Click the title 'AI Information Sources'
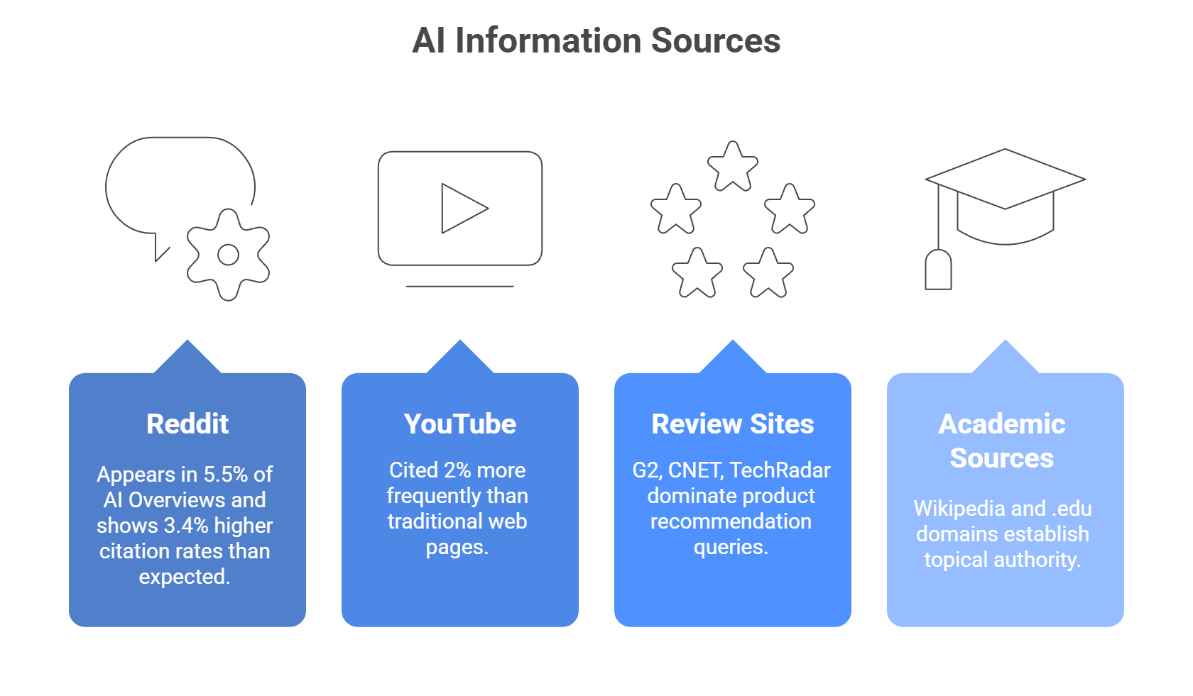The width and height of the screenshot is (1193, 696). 596,40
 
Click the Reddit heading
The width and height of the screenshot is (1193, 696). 187,424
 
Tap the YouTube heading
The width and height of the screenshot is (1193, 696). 459,424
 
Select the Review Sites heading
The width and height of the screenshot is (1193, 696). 732,424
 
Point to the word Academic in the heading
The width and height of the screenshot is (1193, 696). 1001,424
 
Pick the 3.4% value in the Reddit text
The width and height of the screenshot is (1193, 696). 186,526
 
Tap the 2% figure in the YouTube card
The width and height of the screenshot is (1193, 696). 457,470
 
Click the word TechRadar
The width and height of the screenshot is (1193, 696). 780,470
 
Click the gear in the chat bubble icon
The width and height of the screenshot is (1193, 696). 228,255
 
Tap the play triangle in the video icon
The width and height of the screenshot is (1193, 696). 461,209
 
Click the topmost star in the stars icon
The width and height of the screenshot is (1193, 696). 732,167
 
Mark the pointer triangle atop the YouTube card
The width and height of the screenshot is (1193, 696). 459,357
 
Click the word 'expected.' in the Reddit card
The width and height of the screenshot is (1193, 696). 185,577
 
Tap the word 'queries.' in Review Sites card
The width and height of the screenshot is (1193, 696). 731,547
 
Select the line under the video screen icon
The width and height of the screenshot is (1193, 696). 459,286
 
